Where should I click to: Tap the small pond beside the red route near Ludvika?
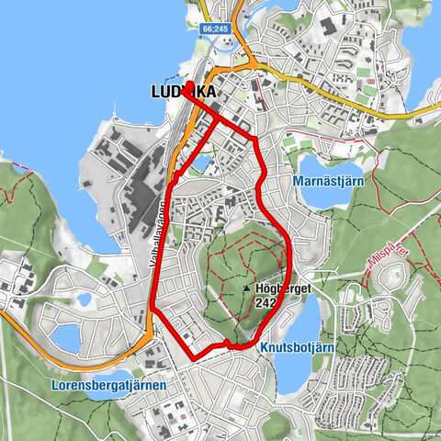[x=200, y=163]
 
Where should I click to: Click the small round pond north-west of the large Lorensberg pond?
[x=85, y=300]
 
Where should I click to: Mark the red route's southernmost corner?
[x=192, y=356]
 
